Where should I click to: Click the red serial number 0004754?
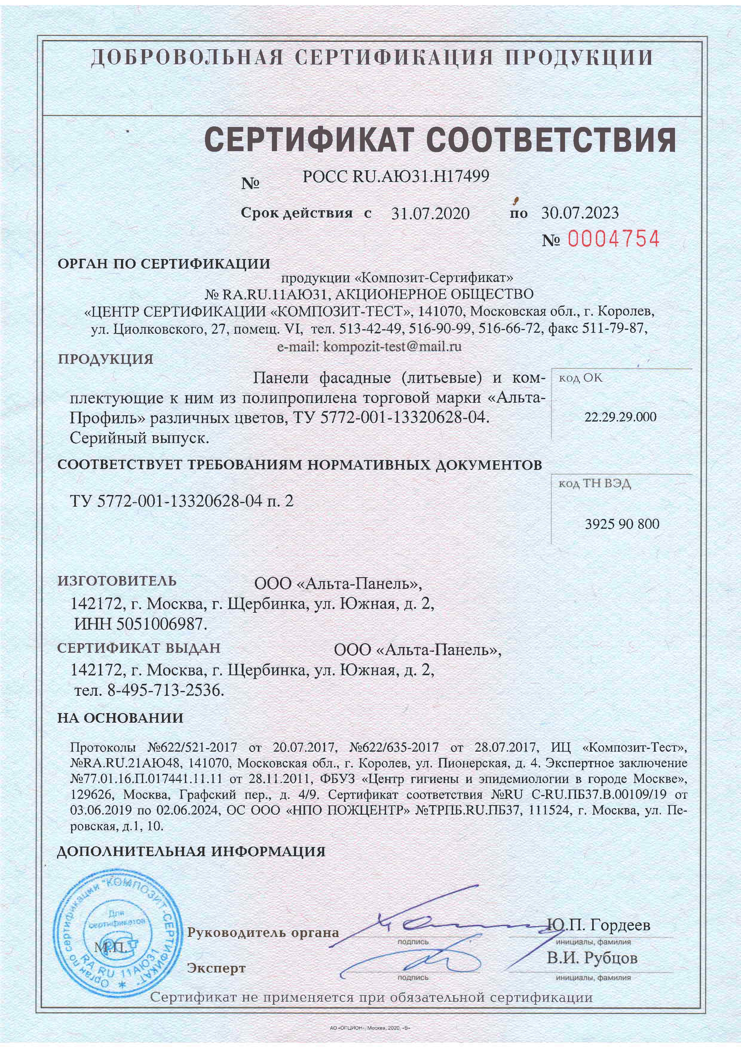coord(613,239)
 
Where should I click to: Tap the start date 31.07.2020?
coord(430,213)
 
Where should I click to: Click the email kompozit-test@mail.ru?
coord(392,347)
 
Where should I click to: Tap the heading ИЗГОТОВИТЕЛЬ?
coord(117,581)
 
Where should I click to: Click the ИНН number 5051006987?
coord(162,624)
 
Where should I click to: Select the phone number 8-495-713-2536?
coord(166,691)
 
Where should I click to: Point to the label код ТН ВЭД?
coord(595,484)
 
